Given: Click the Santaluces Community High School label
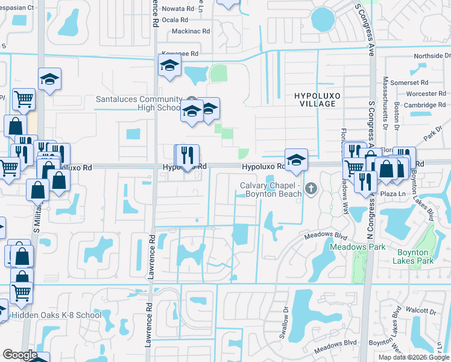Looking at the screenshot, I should click(x=139, y=103).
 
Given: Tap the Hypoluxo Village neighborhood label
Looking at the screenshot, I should click(x=314, y=100).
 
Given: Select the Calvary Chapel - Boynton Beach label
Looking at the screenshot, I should click(x=270, y=189).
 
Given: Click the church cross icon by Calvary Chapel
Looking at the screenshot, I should click(x=311, y=189).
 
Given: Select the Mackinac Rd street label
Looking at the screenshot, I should click(x=191, y=31).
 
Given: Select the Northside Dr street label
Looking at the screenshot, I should click(x=429, y=56).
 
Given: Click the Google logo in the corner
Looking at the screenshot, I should click(x=20, y=355).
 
